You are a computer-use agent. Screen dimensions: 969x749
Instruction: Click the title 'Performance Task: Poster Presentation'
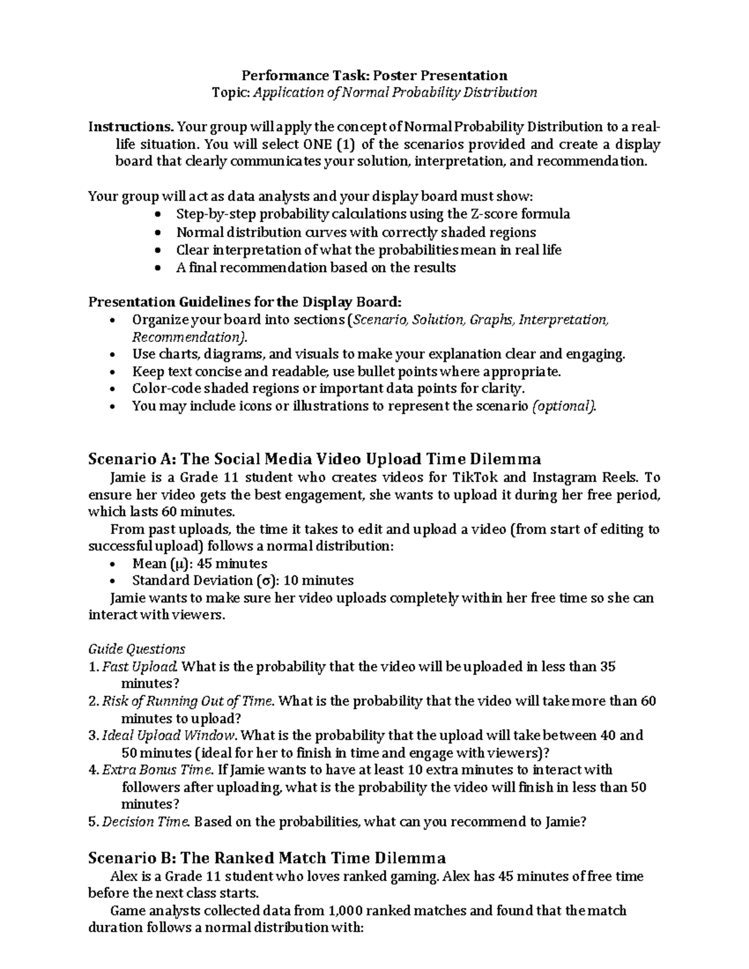pos(374,75)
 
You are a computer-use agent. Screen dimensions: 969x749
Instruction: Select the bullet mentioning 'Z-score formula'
pos(373,214)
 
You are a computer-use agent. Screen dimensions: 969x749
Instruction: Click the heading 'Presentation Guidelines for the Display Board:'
pos(245,302)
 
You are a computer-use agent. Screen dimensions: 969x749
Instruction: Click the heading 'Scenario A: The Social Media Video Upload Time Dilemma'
pos(315,459)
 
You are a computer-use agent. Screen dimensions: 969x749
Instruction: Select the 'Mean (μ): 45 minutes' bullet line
pos(199,563)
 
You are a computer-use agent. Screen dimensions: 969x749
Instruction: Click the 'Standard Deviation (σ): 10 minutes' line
pos(242,580)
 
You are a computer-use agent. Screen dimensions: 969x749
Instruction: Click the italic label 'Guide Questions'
pos(137,649)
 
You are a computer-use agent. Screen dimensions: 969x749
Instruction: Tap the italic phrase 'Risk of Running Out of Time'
pos(187,701)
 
